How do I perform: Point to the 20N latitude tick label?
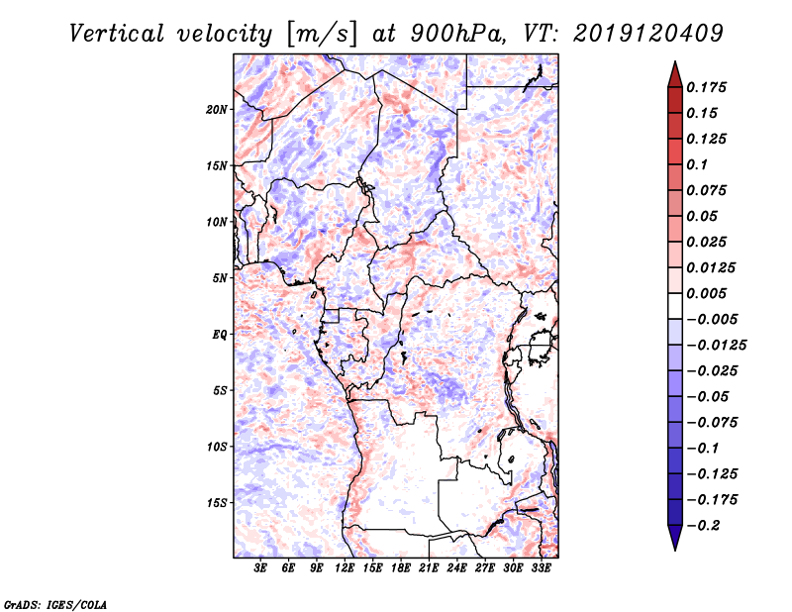click(x=217, y=109)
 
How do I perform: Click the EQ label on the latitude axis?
click(x=220, y=334)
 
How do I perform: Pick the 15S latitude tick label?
click(x=217, y=502)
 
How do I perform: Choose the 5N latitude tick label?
click(x=220, y=277)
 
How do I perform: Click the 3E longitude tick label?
click(x=261, y=568)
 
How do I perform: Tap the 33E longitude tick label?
click(x=542, y=568)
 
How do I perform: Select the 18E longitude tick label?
click(x=401, y=568)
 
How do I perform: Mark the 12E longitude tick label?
click(x=345, y=568)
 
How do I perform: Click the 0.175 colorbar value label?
click(x=708, y=87)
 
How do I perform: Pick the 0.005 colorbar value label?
click(x=708, y=293)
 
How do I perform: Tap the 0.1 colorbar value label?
click(x=699, y=164)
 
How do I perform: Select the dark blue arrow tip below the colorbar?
click(x=674, y=541)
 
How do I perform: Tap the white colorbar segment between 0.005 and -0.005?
click(x=674, y=306)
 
